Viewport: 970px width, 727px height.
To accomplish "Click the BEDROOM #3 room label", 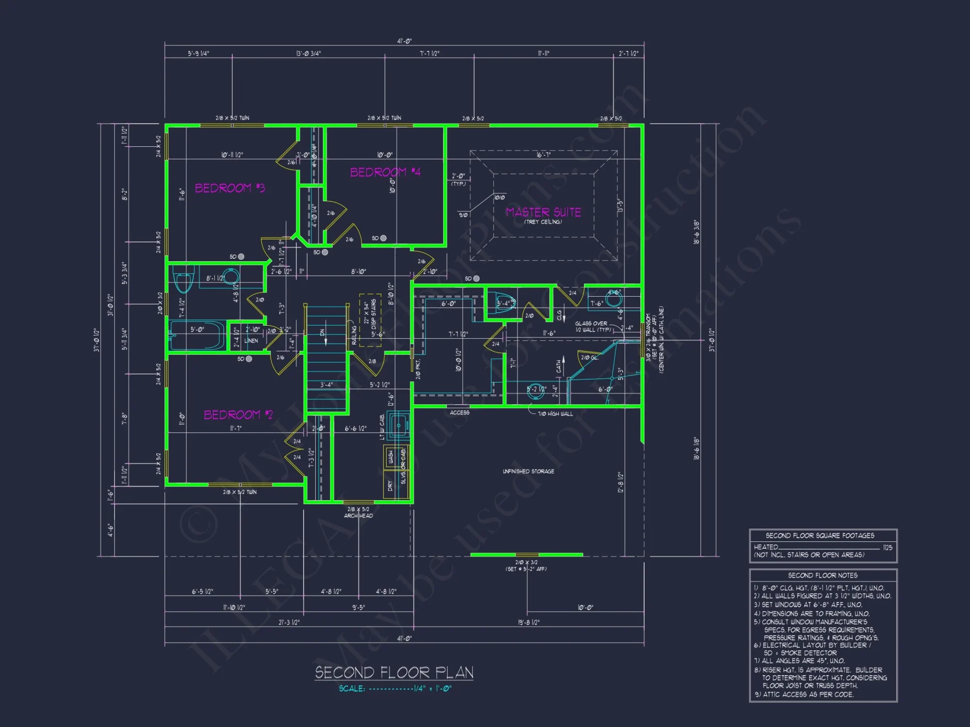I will (x=230, y=188).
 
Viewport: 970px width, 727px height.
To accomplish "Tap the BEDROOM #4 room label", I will (x=385, y=172).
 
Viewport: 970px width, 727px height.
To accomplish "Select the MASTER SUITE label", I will (x=543, y=212).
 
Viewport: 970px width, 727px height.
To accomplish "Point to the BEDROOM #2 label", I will (x=238, y=415).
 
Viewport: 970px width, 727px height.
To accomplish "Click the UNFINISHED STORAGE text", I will (x=528, y=471).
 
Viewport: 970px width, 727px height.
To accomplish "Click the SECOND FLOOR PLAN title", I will (x=394, y=672).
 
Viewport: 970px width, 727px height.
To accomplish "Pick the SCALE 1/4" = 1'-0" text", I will (x=395, y=689).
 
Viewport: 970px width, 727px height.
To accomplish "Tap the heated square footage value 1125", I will (x=888, y=548).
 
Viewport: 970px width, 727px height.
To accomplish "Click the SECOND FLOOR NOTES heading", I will (x=823, y=575).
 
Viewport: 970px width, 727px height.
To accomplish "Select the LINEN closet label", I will (x=251, y=341).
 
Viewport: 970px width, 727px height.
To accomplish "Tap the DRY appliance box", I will (x=390, y=486).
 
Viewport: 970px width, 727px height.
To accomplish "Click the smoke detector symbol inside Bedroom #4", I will (x=383, y=238).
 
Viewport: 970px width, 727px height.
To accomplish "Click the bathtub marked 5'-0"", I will (x=197, y=335).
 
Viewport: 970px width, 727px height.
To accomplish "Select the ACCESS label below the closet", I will (x=459, y=412).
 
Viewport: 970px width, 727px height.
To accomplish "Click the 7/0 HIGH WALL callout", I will (x=555, y=414).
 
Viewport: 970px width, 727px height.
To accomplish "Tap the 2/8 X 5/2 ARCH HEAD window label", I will (x=358, y=512).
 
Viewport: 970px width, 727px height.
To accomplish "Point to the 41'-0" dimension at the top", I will (x=404, y=41).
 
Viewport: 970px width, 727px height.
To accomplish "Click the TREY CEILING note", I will (x=543, y=222).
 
